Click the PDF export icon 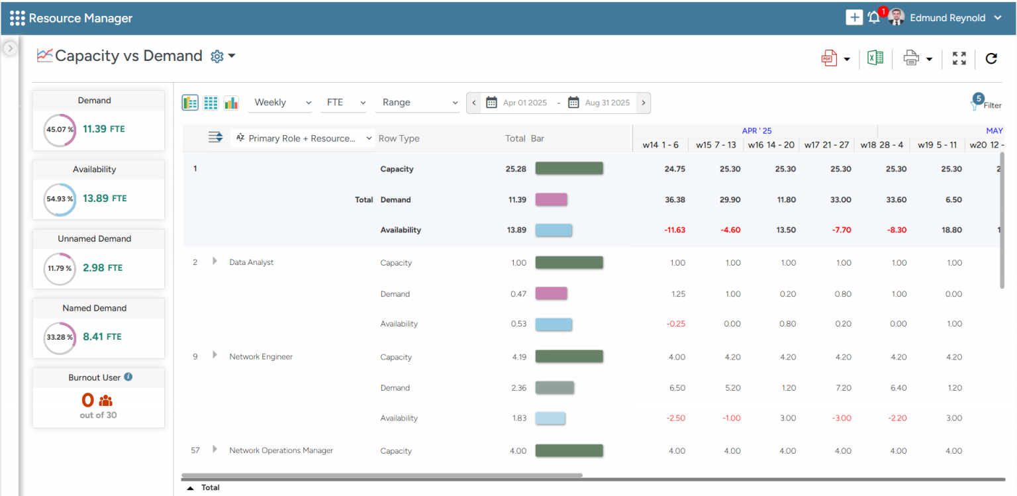tap(829, 58)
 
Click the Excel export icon tap(875, 58)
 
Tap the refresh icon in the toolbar tap(991, 58)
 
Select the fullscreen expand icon tap(959, 58)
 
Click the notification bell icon tap(874, 18)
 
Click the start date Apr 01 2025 tap(524, 103)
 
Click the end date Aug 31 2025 tap(607, 103)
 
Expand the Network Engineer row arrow tap(215, 356)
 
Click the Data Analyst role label tap(251, 262)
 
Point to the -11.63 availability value tap(674, 230)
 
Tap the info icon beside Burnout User tap(128, 377)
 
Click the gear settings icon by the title tap(217, 56)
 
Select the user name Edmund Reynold tap(947, 18)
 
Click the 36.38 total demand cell tap(674, 199)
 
